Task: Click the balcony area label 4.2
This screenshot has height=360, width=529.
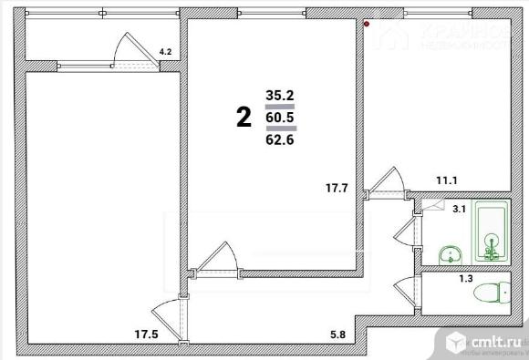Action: tap(165, 53)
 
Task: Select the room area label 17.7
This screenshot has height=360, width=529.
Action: tap(338, 189)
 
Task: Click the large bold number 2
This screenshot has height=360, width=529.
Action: tap(244, 117)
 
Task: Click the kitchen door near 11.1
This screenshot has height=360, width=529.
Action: tap(386, 180)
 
